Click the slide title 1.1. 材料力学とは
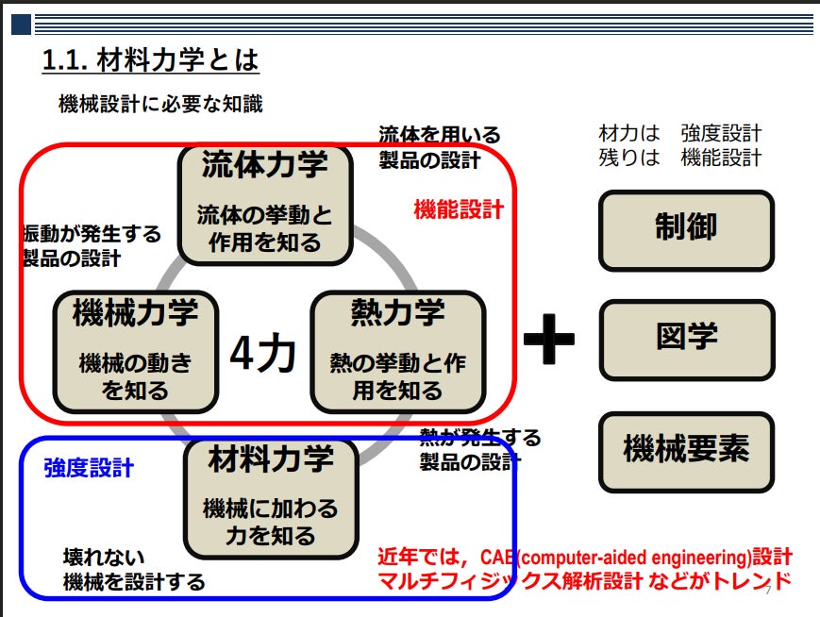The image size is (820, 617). (150, 61)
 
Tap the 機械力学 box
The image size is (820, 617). (135, 351)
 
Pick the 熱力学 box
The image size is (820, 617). (397, 351)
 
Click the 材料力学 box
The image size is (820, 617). (271, 497)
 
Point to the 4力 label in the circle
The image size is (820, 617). (263, 354)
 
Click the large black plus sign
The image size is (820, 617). (548, 338)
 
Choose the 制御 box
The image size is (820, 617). (686, 229)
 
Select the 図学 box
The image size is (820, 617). (686, 339)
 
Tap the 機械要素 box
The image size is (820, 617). (686, 450)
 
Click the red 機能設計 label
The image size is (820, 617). (459, 210)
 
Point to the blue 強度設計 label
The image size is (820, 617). (89, 468)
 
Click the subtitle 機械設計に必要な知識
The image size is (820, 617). (160, 105)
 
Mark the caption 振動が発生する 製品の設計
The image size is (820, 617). (92, 245)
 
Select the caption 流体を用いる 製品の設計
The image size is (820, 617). (439, 147)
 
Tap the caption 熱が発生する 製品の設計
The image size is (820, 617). (480, 449)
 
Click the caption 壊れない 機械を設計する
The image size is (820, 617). (133, 570)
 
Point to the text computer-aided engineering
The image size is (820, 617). (629, 557)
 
